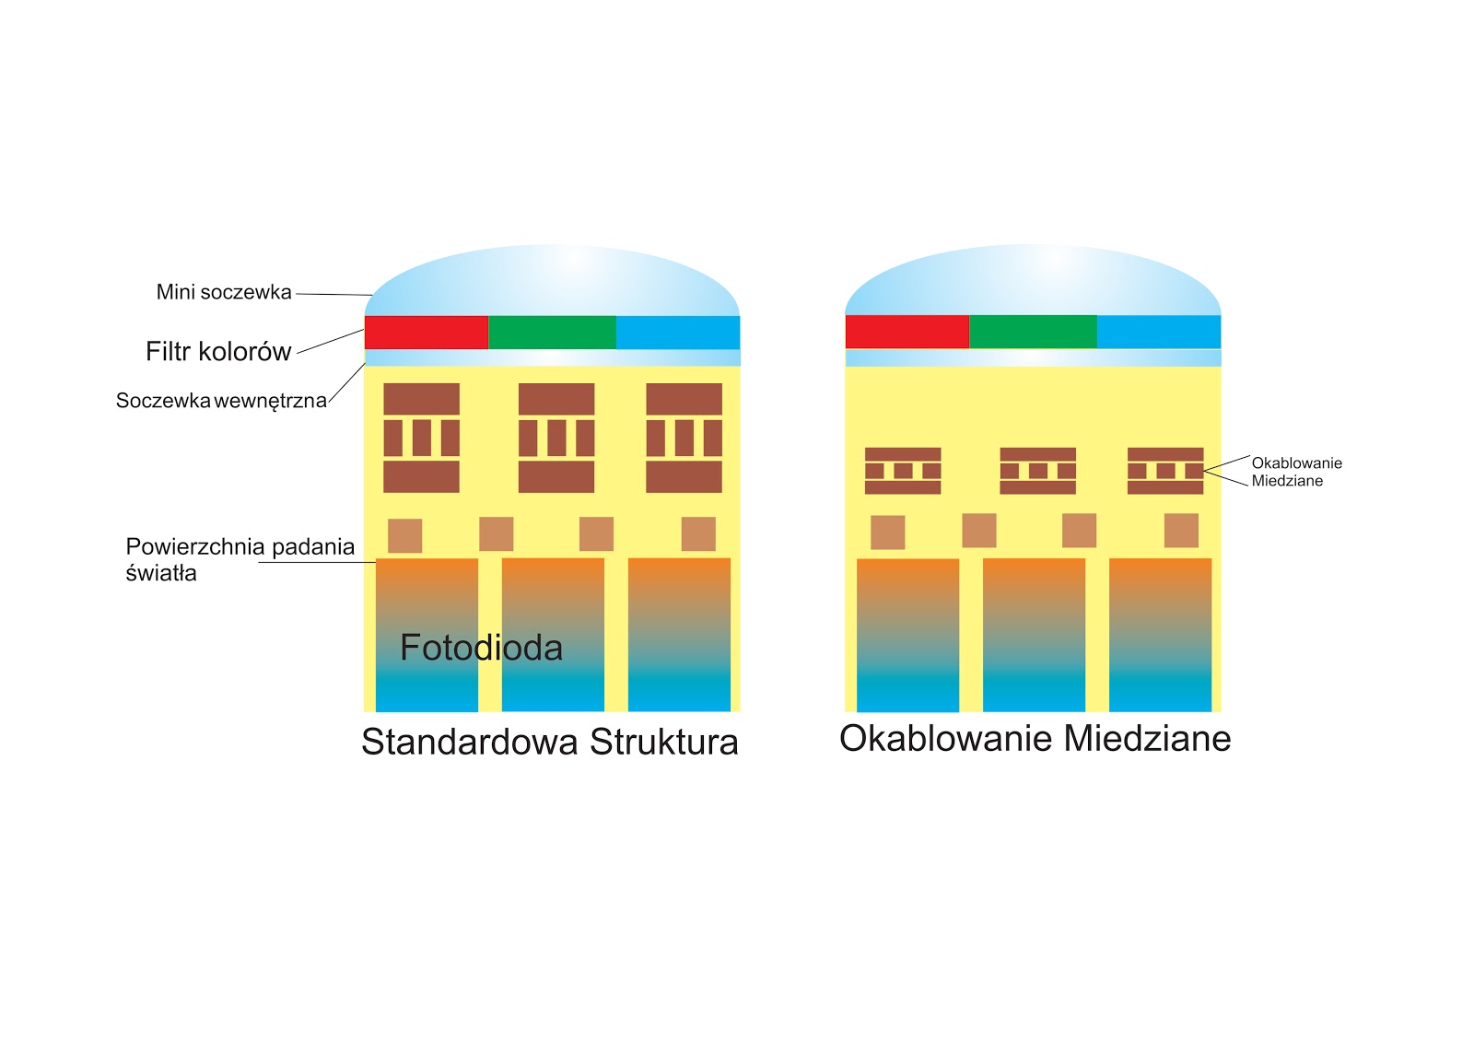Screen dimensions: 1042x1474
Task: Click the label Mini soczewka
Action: pos(224,292)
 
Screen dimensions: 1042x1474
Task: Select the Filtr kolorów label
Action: pos(218,351)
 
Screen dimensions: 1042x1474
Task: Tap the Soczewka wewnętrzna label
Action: pos(221,401)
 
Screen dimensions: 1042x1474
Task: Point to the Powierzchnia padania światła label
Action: pos(240,559)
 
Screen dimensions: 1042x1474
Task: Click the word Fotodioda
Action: pos(481,648)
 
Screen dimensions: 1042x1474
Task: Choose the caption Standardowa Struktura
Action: pos(549,742)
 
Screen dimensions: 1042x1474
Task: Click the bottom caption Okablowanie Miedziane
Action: pos(1035,738)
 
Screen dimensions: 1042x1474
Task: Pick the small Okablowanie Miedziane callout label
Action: pos(1296,472)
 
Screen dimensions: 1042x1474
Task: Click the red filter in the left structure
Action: pos(427,333)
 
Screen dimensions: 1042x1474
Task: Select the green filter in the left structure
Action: pos(552,333)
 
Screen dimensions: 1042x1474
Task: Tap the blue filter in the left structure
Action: pos(678,333)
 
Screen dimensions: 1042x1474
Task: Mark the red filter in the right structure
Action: pos(907,332)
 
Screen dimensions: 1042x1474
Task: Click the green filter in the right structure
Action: pos(1033,332)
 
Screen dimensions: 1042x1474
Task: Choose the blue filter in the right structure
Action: pos(1159,332)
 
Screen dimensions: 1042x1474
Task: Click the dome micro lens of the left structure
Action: pos(553,281)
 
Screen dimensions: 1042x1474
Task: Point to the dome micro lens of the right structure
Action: pos(1033,281)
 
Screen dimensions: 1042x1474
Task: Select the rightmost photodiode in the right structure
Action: pos(1160,635)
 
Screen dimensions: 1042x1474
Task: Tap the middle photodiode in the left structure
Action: pos(553,635)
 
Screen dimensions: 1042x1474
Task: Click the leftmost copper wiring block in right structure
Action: pos(903,471)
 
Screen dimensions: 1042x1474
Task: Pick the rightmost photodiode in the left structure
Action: pos(679,635)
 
